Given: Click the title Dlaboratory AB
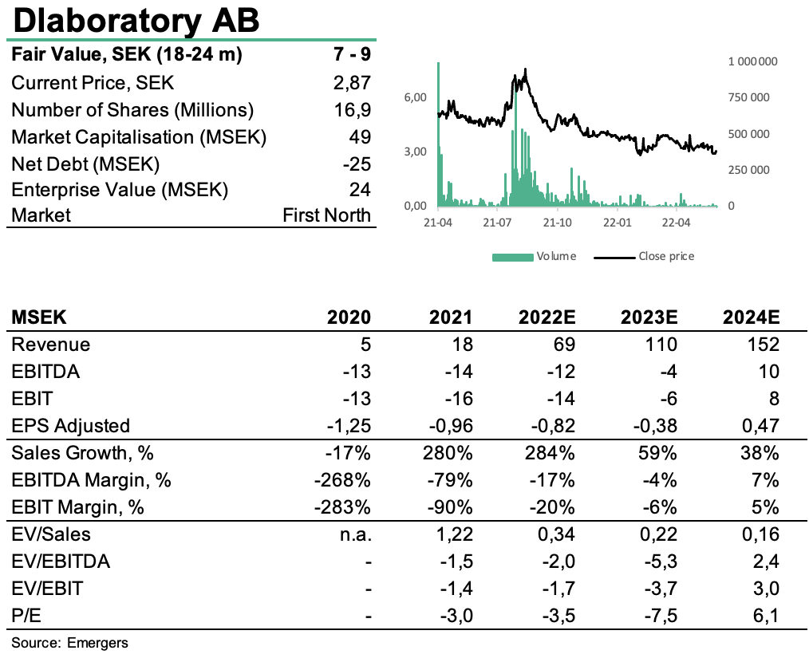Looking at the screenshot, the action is click(x=136, y=21).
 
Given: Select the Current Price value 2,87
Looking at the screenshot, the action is click(x=352, y=83).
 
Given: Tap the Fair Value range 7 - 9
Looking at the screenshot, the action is click(x=352, y=54).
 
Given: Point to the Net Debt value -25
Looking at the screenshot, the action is click(x=357, y=164).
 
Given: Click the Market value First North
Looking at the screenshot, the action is click(x=326, y=215).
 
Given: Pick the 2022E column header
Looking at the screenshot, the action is click(x=547, y=317).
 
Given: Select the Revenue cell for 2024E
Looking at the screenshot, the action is click(x=764, y=344).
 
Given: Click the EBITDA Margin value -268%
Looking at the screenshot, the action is click(x=342, y=480).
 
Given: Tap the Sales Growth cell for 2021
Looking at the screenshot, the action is click(x=448, y=453).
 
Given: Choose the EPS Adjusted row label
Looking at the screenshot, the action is click(x=71, y=426).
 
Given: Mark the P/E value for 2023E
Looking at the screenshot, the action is click(x=661, y=616).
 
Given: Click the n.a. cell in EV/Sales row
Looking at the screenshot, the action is click(x=356, y=534).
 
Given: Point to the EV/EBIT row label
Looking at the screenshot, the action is click(x=47, y=589).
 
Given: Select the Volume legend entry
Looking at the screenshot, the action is click(x=534, y=257).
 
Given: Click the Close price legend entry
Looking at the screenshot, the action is click(x=644, y=257).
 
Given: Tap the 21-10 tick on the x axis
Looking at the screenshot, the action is click(x=557, y=223).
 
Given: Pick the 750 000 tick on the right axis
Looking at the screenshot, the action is click(x=748, y=97).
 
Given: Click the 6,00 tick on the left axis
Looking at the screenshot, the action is click(x=416, y=97).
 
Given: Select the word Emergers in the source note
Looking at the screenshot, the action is click(x=97, y=643).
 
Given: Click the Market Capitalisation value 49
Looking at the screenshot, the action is click(x=360, y=137).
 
